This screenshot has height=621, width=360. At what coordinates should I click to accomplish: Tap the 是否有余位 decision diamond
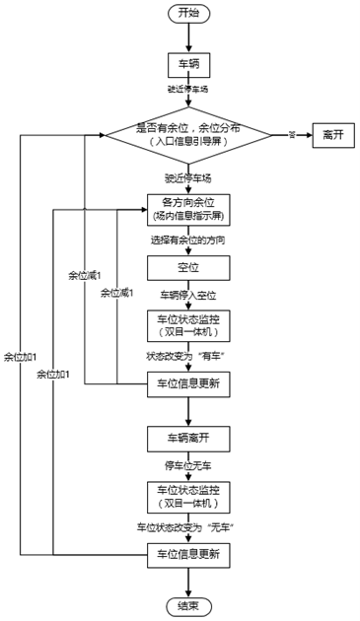[x=187, y=128]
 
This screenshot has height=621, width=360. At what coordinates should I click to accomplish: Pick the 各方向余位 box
[x=187, y=209]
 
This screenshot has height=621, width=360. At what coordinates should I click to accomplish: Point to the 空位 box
[x=187, y=267]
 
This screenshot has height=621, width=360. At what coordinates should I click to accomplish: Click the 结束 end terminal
[x=187, y=604]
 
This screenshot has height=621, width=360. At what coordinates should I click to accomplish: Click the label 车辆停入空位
[x=187, y=294]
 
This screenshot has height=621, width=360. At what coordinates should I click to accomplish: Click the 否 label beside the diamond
[x=292, y=135]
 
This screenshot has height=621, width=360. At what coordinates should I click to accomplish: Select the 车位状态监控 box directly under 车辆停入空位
[x=187, y=325]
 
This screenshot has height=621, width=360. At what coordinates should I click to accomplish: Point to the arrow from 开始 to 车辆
[x=187, y=37]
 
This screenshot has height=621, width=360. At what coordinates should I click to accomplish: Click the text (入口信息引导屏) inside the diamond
[x=187, y=142]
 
